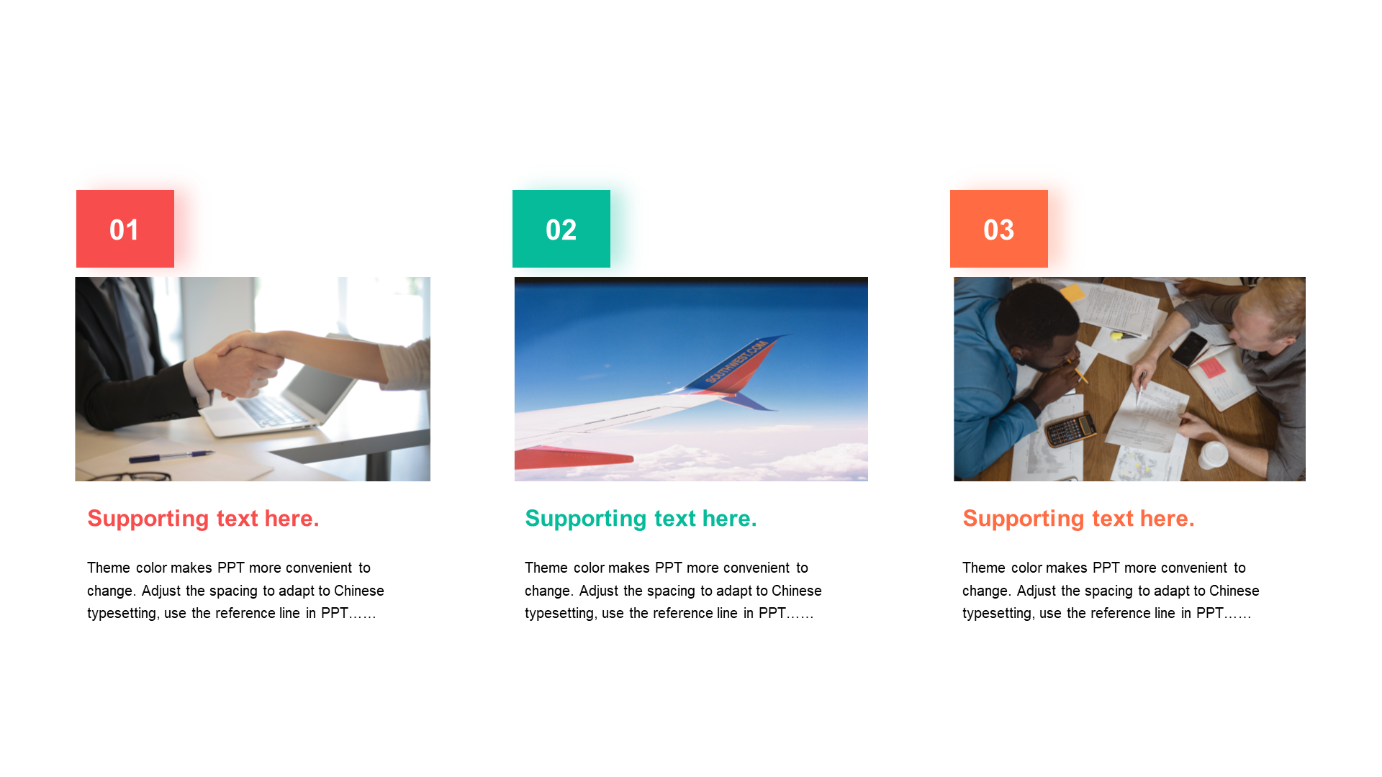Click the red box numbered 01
tap(125, 229)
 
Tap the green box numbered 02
tap(561, 229)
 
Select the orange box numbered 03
tap(999, 229)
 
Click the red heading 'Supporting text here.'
tap(203, 519)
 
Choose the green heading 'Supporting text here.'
tap(641, 519)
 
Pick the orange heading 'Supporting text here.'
tap(1078, 519)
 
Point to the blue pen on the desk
tap(171, 455)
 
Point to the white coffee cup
tap(1214, 455)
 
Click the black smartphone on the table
tap(1189, 348)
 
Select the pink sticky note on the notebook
tap(1212, 367)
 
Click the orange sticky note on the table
tap(1072, 293)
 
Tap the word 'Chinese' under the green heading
tap(797, 591)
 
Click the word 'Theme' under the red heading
tap(109, 568)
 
